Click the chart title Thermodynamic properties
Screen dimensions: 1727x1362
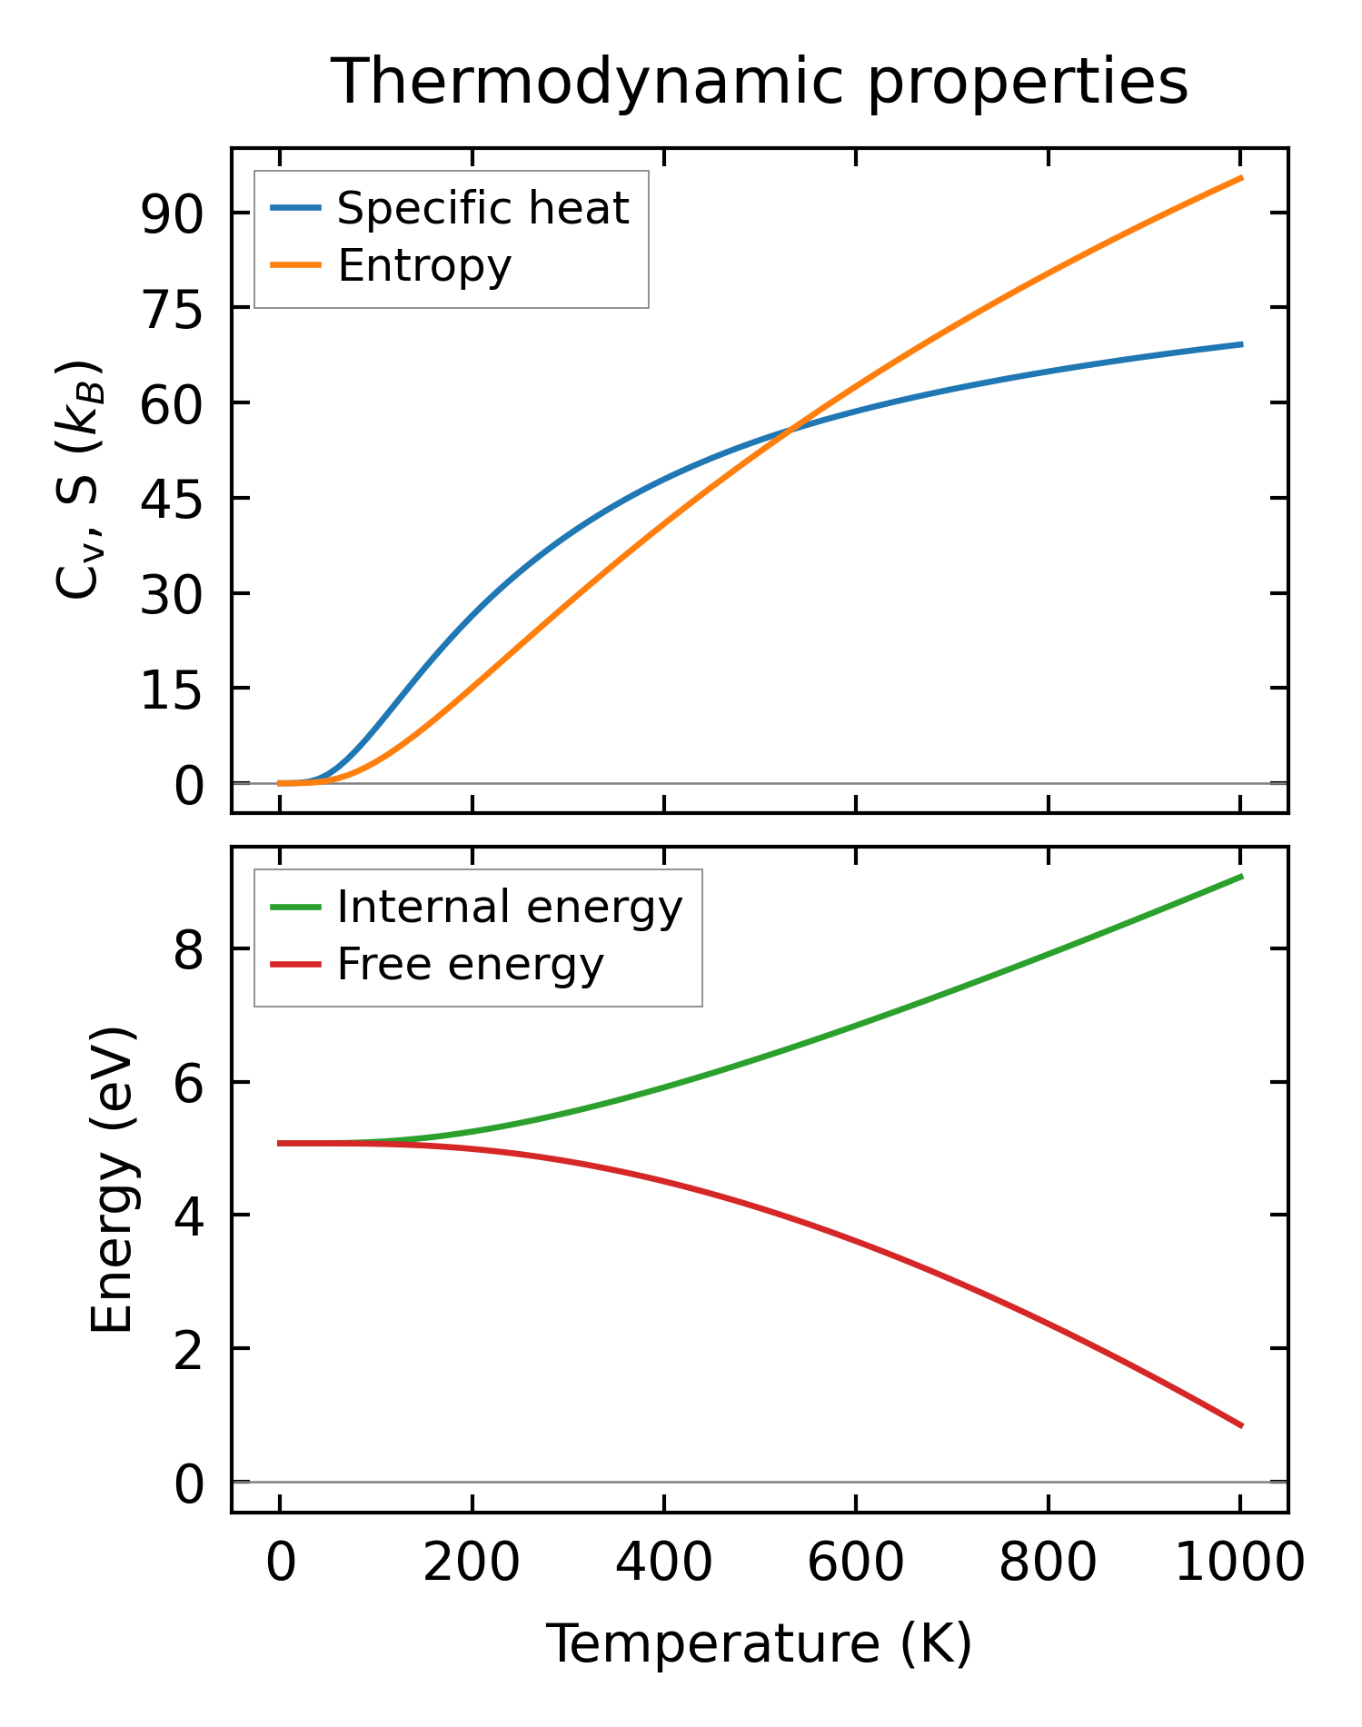[759, 82]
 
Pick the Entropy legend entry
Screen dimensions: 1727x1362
[423, 265]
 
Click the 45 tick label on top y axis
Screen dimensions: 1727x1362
[170, 499]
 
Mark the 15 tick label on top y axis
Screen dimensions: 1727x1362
[170, 689]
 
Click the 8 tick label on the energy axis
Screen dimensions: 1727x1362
[189, 949]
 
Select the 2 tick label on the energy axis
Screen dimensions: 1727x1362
[189, 1349]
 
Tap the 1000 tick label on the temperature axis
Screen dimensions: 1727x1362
[1239, 1563]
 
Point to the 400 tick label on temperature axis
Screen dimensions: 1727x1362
[664, 1563]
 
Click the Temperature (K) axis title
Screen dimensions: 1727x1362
[759, 1643]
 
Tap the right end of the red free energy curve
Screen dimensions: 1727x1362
[1241, 1425]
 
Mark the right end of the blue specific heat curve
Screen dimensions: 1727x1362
[1241, 344]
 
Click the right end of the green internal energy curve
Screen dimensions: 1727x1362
[1241, 876]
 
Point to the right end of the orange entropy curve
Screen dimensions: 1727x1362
[1241, 178]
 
